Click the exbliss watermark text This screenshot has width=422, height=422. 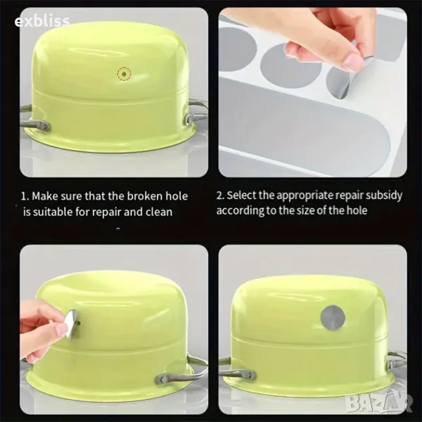42,21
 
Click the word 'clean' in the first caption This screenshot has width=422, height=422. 159,212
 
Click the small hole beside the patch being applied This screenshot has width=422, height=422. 79,322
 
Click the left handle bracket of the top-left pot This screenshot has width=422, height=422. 43,126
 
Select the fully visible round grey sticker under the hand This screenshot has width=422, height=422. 290,65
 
